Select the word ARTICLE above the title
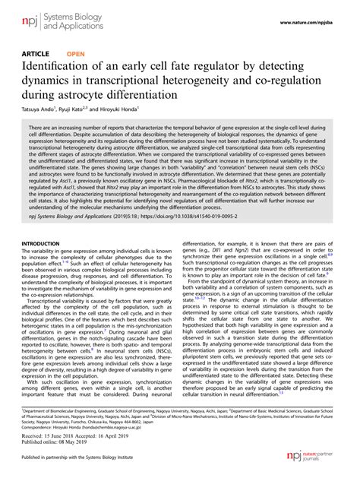tap(38, 54)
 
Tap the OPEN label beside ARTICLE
tap(76, 54)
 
